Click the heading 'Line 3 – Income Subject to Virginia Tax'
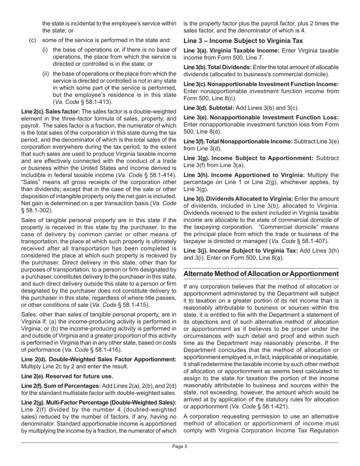(243, 41)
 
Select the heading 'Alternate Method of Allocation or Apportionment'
(261, 274)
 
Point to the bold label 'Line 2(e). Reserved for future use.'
(67, 376)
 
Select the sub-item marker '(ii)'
(45, 73)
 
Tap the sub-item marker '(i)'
(45, 50)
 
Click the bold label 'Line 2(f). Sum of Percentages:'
(61, 386)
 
